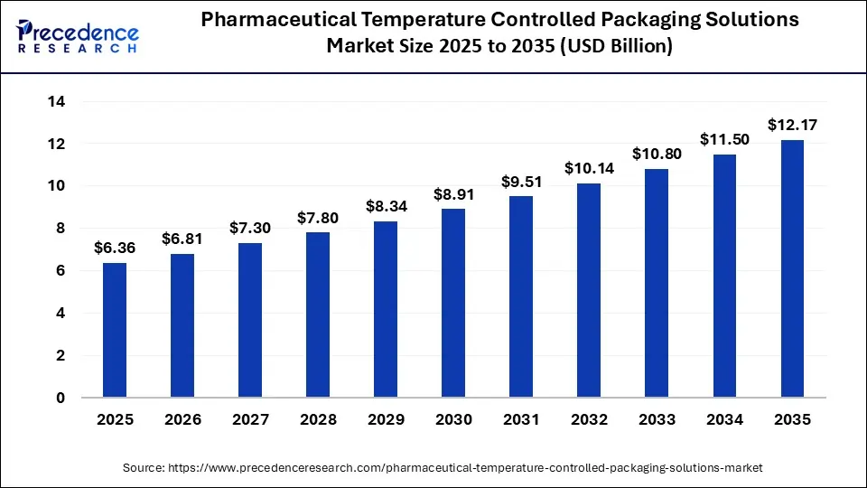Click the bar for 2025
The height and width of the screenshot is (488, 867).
(x=115, y=330)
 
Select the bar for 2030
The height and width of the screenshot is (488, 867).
(x=453, y=303)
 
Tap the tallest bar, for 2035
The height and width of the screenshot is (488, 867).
(x=791, y=268)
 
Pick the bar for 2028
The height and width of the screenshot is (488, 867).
(x=318, y=314)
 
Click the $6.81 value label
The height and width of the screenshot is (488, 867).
(x=182, y=239)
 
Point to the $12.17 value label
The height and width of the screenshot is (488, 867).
(x=791, y=125)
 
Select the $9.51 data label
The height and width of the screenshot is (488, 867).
(x=521, y=181)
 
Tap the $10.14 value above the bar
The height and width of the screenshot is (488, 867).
(x=588, y=168)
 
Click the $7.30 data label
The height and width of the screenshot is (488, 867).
(x=250, y=228)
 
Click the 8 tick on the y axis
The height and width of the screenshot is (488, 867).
(x=60, y=229)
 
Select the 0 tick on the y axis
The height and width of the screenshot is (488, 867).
(x=60, y=398)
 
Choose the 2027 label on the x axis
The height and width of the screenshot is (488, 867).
(x=250, y=420)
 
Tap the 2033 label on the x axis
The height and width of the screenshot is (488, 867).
(x=656, y=420)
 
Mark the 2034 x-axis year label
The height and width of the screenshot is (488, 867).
(x=723, y=420)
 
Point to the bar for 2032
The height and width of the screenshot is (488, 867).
(x=588, y=290)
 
